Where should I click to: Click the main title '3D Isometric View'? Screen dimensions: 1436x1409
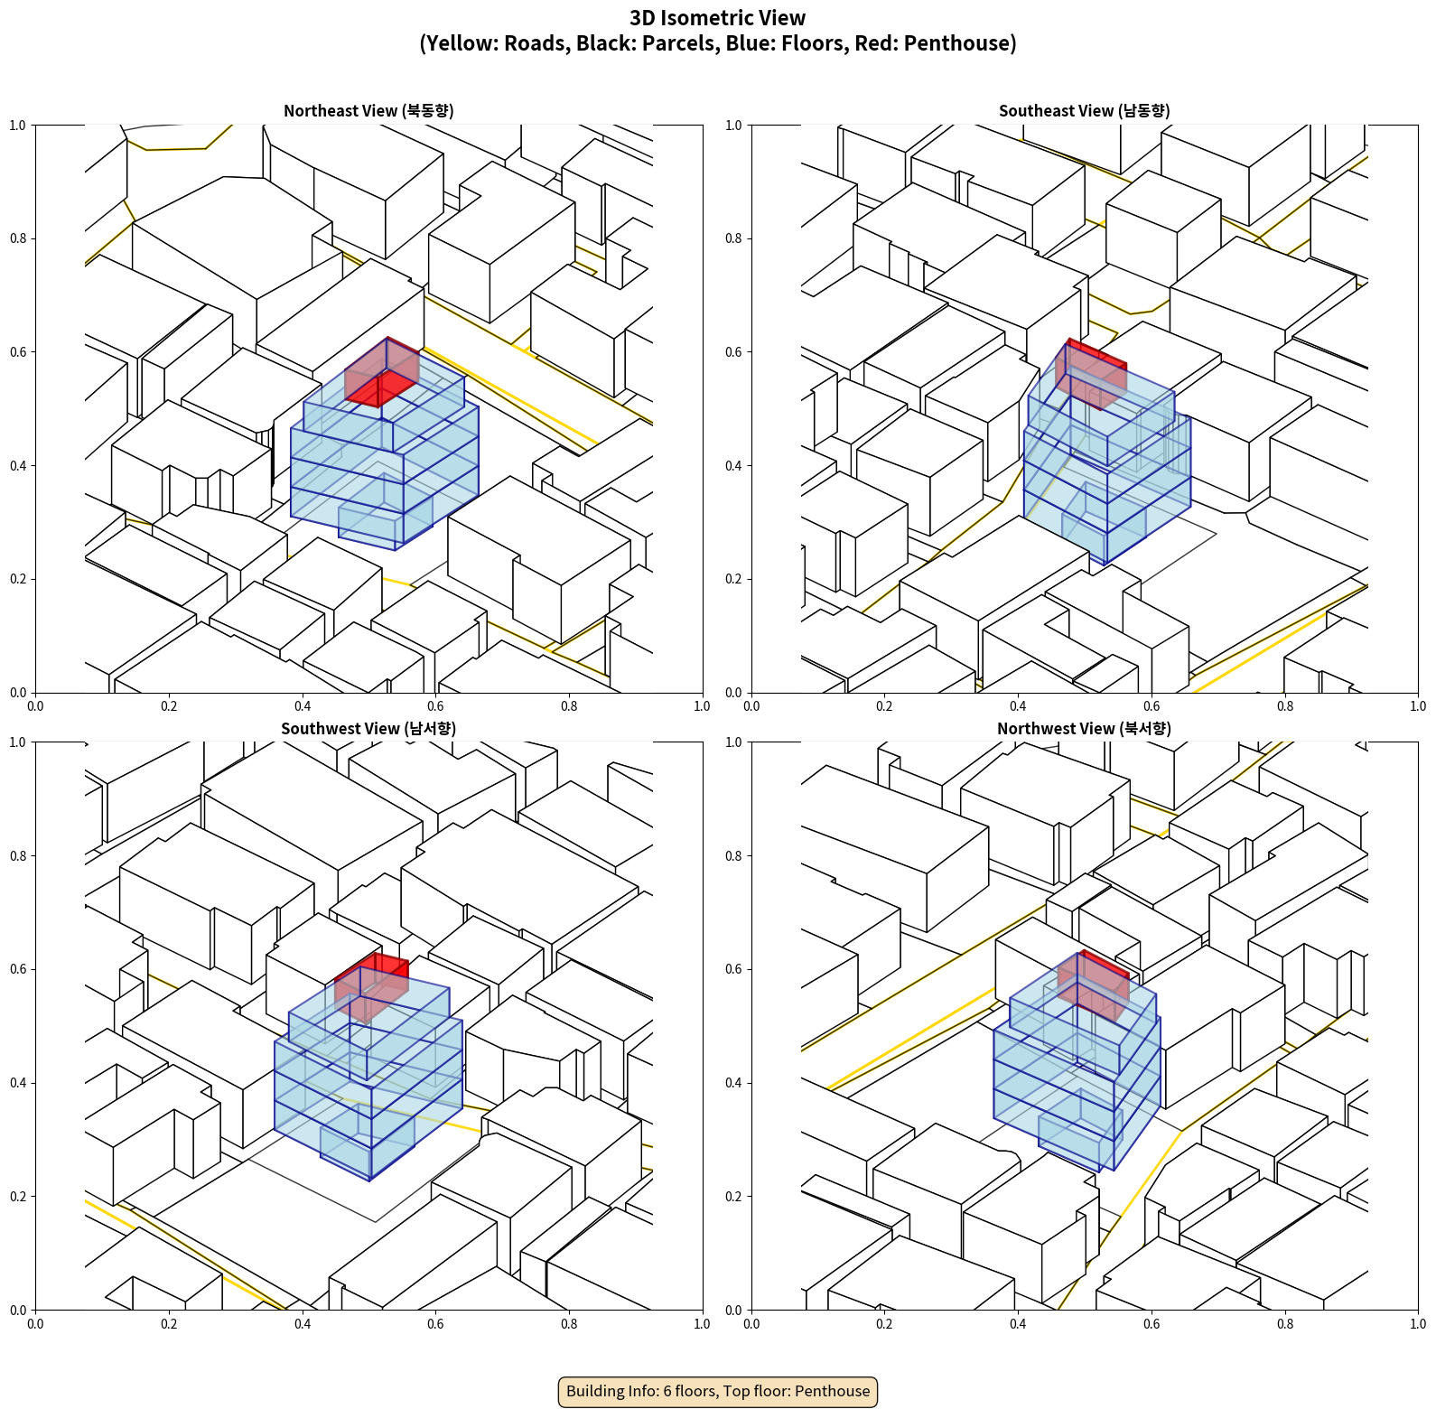[x=718, y=18]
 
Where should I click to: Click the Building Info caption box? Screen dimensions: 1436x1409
[x=718, y=1391]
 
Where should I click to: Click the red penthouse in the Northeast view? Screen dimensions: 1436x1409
[x=382, y=372]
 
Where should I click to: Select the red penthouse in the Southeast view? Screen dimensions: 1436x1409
[x=1091, y=373]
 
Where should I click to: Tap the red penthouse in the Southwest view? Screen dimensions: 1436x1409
[x=371, y=986]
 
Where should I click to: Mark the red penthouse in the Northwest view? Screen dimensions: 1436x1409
[x=1093, y=985]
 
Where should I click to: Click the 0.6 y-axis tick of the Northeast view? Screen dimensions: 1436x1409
[x=18, y=352]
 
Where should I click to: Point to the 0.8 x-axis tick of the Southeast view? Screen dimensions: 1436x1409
[x=1284, y=705]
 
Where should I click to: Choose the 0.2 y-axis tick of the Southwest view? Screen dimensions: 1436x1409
[x=18, y=1196]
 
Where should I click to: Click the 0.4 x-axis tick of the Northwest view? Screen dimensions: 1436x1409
[x=1018, y=1323]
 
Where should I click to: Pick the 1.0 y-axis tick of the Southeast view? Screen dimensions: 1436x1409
[x=733, y=125]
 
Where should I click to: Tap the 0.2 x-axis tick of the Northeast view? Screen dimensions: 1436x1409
[x=169, y=705]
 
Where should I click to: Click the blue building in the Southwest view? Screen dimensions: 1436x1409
[x=368, y=1075]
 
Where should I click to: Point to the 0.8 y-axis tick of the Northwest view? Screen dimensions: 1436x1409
[x=733, y=855]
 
